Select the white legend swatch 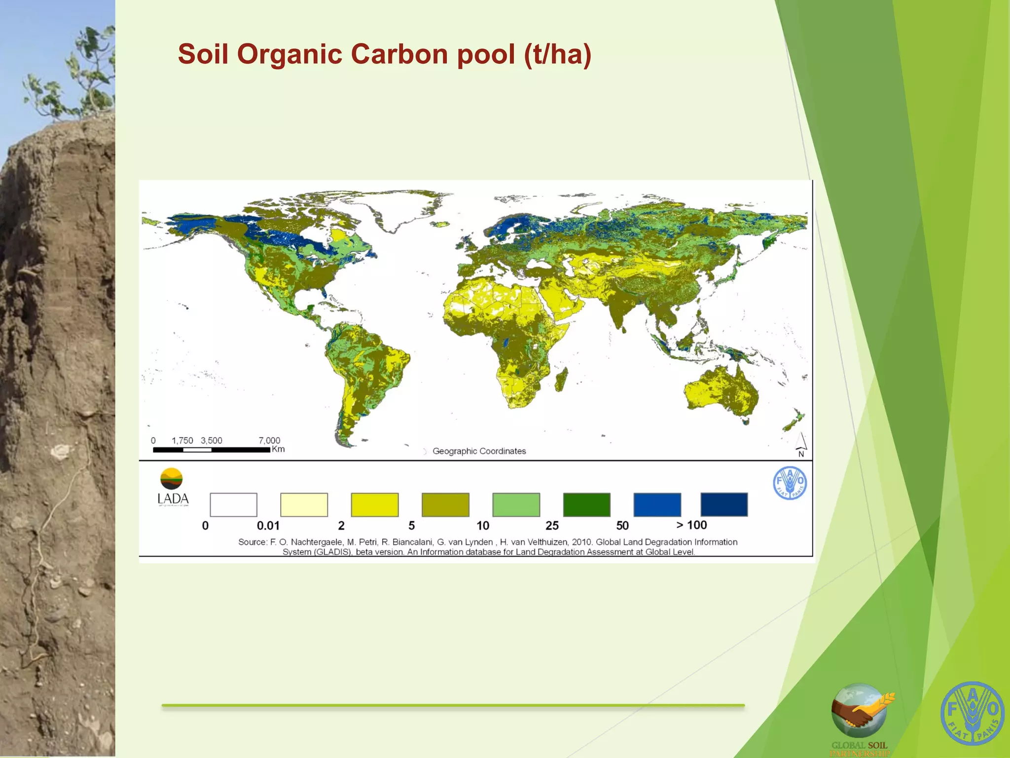click(233, 504)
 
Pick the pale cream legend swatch click(304, 504)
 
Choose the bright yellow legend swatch click(374, 504)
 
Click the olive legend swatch click(445, 504)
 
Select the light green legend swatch click(516, 504)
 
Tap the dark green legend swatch click(586, 504)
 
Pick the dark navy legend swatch click(724, 504)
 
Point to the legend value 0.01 click(268, 526)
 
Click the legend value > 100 click(691, 525)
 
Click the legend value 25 click(552, 526)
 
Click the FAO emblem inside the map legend click(790, 483)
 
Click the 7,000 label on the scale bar click(269, 440)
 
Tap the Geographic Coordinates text click(479, 451)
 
